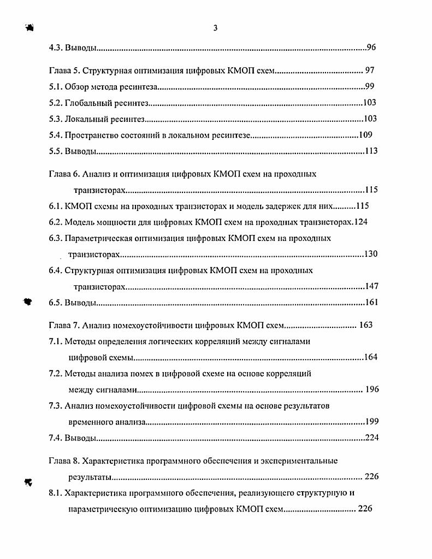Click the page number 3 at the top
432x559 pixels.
coord(215,28)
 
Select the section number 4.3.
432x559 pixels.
coord(56,48)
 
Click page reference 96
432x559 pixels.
coord(371,48)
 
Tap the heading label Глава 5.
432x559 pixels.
coord(61,71)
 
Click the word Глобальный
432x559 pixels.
coord(90,103)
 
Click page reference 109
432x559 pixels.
coord(365,134)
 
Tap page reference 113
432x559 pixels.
coord(371,151)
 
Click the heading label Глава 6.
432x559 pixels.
coord(61,174)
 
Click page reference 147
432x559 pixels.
coord(371,286)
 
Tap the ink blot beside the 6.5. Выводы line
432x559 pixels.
coord(28,302)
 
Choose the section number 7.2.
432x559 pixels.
coord(56,374)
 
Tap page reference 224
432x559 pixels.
coord(371,438)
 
